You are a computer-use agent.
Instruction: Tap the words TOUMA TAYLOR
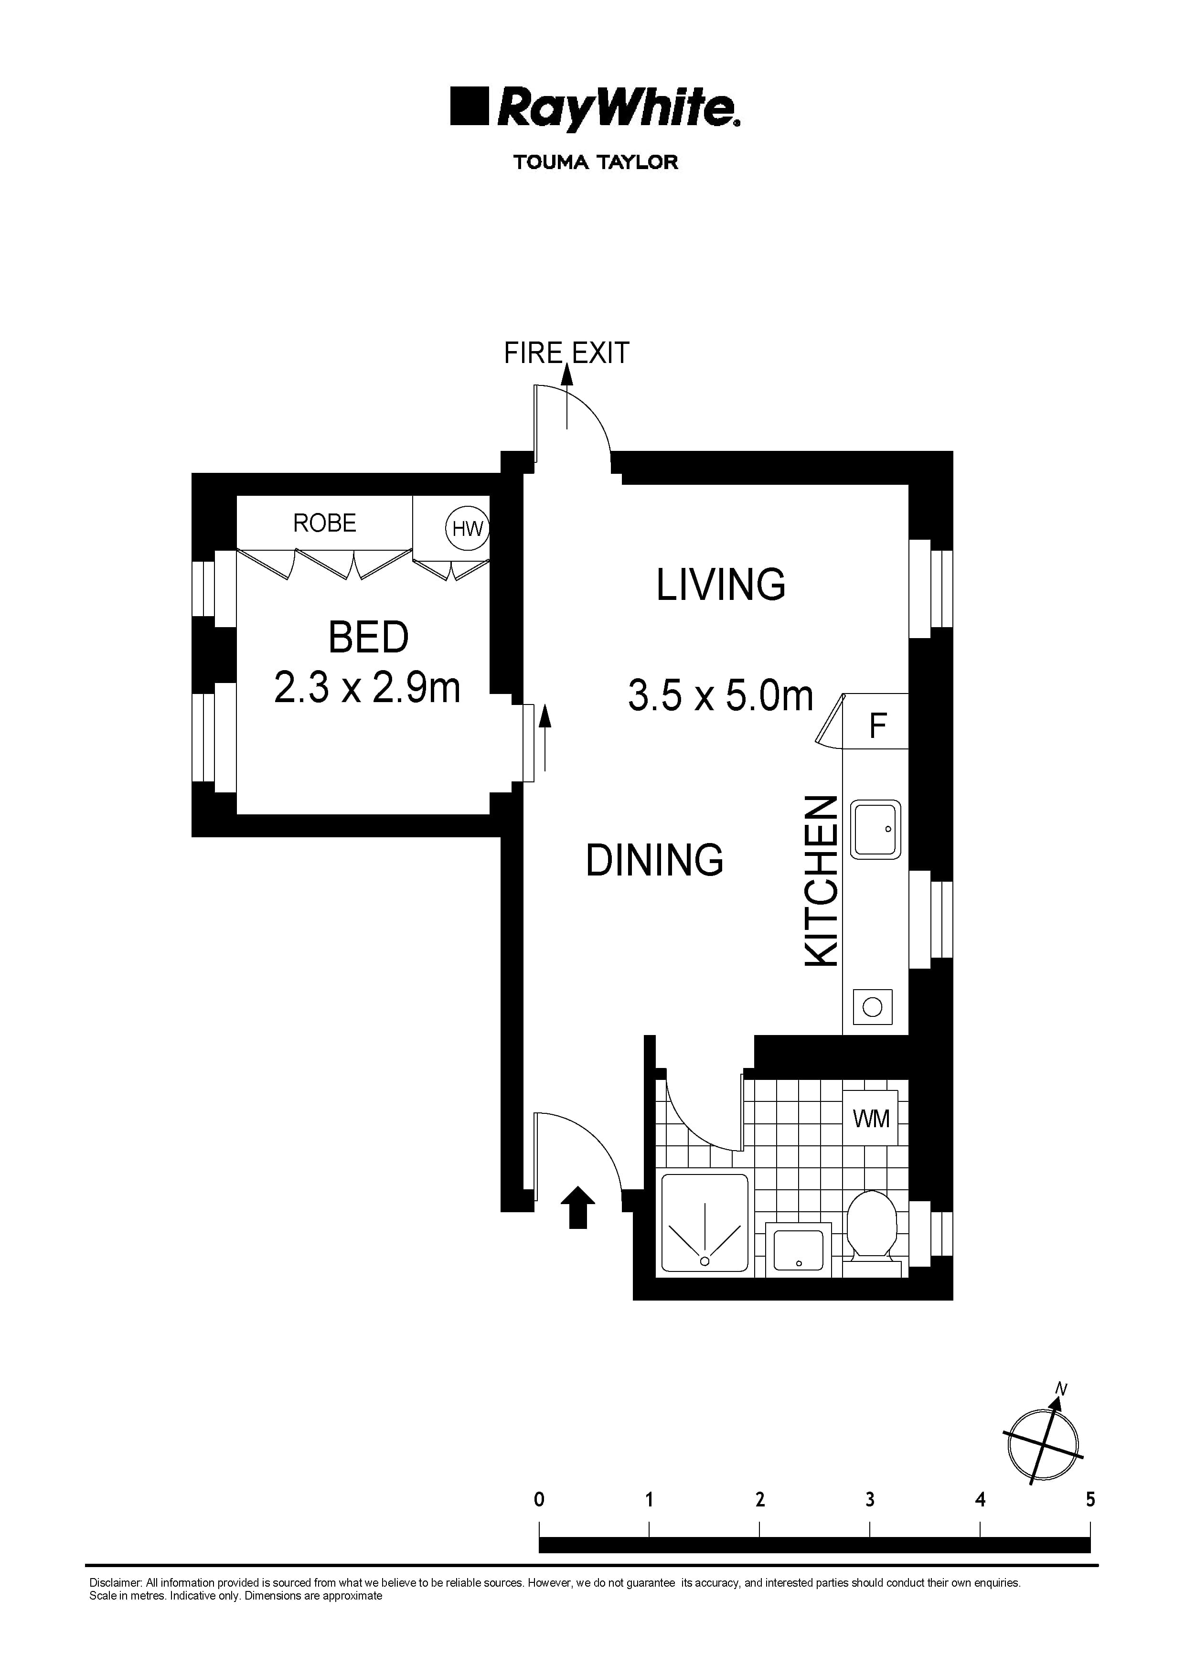(x=595, y=162)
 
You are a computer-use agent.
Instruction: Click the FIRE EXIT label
(x=566, y=353)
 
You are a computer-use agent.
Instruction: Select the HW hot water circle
(x=467, y=528)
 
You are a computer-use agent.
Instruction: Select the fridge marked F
(x=877, y=726)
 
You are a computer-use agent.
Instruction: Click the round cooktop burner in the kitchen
(x=873, y=1007)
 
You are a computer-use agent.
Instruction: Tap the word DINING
(x=654, y=860)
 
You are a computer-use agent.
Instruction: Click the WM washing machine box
(x=871, y=1118)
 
